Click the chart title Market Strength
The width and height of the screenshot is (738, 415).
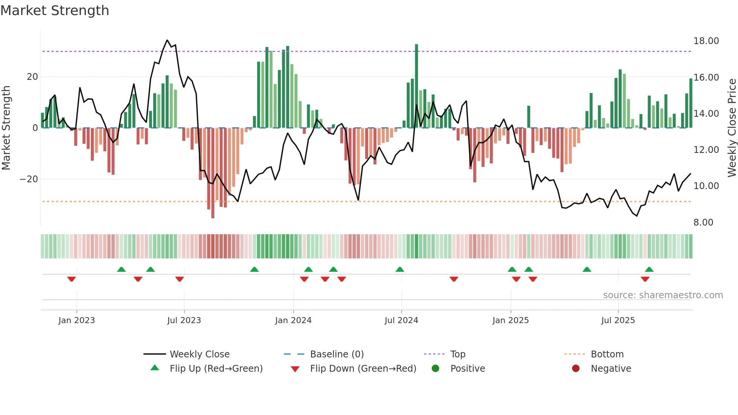coord(55,11)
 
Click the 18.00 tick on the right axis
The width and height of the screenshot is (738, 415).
coord(706,41)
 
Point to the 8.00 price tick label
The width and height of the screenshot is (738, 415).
coord(703,223)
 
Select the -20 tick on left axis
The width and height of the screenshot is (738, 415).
coord(29,179)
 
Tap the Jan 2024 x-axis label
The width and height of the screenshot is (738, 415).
coord(293,320)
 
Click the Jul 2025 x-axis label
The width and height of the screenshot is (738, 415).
coord(618,320)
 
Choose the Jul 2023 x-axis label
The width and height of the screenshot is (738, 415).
coord(184,320)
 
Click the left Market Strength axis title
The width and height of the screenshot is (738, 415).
coord(6,128)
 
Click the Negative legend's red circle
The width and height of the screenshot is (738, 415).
coord(576,369)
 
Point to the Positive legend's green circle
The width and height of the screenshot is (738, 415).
coord(435,369)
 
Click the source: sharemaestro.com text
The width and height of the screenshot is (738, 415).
coord(663,295)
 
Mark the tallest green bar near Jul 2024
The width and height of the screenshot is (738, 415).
coord(416,86)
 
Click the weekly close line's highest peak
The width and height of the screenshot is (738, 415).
coord(167,40)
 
